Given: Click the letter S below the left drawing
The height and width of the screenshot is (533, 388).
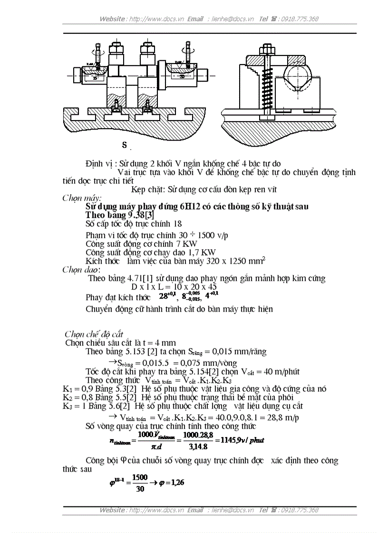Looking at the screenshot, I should tap(124, 145).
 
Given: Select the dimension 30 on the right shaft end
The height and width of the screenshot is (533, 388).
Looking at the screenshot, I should tap(182, 76).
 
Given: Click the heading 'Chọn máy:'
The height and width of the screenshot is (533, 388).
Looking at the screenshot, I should tap(82, 198).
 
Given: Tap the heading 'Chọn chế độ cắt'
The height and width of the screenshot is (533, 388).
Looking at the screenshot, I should tap(94, 334).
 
